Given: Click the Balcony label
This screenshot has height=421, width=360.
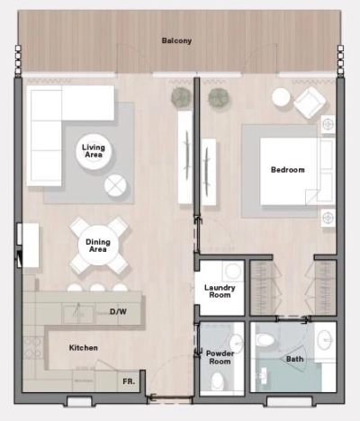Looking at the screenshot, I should pyautogui.click(x=176, y=41).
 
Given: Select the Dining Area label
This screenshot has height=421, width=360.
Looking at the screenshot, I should pyautogui.click(x=97, y=245).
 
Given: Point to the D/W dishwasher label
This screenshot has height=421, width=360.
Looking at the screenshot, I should pyautogui.click(x=118, y=312).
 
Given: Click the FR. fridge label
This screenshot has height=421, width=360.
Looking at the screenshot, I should pyautogui.click(x=129, y=381).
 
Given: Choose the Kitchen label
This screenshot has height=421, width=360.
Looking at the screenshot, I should pyautogui.click(x=83, y=347).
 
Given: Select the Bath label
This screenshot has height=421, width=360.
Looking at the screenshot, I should pyautogui.click(x=294, y=359).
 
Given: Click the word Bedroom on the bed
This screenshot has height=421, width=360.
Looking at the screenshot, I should pyautogui.click(x=287, y=170).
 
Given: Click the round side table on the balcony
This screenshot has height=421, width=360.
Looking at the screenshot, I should pyautogui.click(x=281, y=96).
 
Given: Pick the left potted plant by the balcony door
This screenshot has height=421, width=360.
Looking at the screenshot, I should pyautogui.click(x=180, y=96).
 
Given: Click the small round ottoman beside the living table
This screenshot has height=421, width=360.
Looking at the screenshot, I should pyautogui.click(x=116, y=185).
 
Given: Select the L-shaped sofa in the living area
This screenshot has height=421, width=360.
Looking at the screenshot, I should pyautogui.click(x=54, y=126).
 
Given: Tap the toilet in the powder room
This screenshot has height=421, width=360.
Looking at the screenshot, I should pyautogui.click(x=217, y=381).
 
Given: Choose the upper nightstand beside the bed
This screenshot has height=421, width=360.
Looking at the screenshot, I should pyautogui.click(x=328, y=123).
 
